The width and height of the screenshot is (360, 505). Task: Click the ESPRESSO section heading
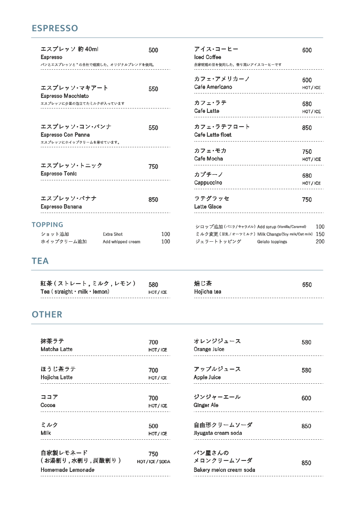pyautogui.click(x=55, y=28)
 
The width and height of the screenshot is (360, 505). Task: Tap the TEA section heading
pyautogui.click(x=40, y=261)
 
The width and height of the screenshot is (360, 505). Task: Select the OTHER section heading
pyautogui.click(x=47, y=314)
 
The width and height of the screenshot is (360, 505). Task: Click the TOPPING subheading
pyautogui.click(x=47, y=225)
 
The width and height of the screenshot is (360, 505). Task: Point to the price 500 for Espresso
pyautogui.click(x=153, y=50)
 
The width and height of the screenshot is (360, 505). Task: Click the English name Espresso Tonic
pyautogui.click(x=59, y=174)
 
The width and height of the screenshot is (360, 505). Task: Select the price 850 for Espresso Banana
pyautogui.click(x=153, y=200)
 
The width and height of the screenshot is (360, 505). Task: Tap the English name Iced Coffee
pyautogui.click(x=208, y=57)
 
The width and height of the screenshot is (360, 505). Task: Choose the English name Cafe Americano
pyautogui.click(x=213, y=87)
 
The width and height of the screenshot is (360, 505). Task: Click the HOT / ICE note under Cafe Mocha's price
pyautogui.click(x=311, y=159)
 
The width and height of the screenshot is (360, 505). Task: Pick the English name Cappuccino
pyautogui.click(x=208, y=183)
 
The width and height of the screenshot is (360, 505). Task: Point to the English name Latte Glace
pyautogui.click(x=208, y=206)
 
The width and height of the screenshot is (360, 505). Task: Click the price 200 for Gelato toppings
pyautogui.click(x=320, y=242)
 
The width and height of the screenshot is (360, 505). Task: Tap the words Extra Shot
pyautogui.click(x=113, y=234)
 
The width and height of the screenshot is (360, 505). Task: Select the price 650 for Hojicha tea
pyautogui.click(x=307, y=285)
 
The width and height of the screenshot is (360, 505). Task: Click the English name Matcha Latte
pyautogui.click(x=56, y=349)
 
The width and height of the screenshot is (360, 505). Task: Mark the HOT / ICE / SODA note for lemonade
pyautogui.click(x=154, y=462)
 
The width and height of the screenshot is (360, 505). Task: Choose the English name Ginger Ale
pyautogui.click(x=206, y=405)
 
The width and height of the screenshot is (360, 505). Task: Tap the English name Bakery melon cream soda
pyautogui.click(x=225, y=470)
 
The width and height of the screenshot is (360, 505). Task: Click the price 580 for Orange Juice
pyautogui.click(x=307, y=342)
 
